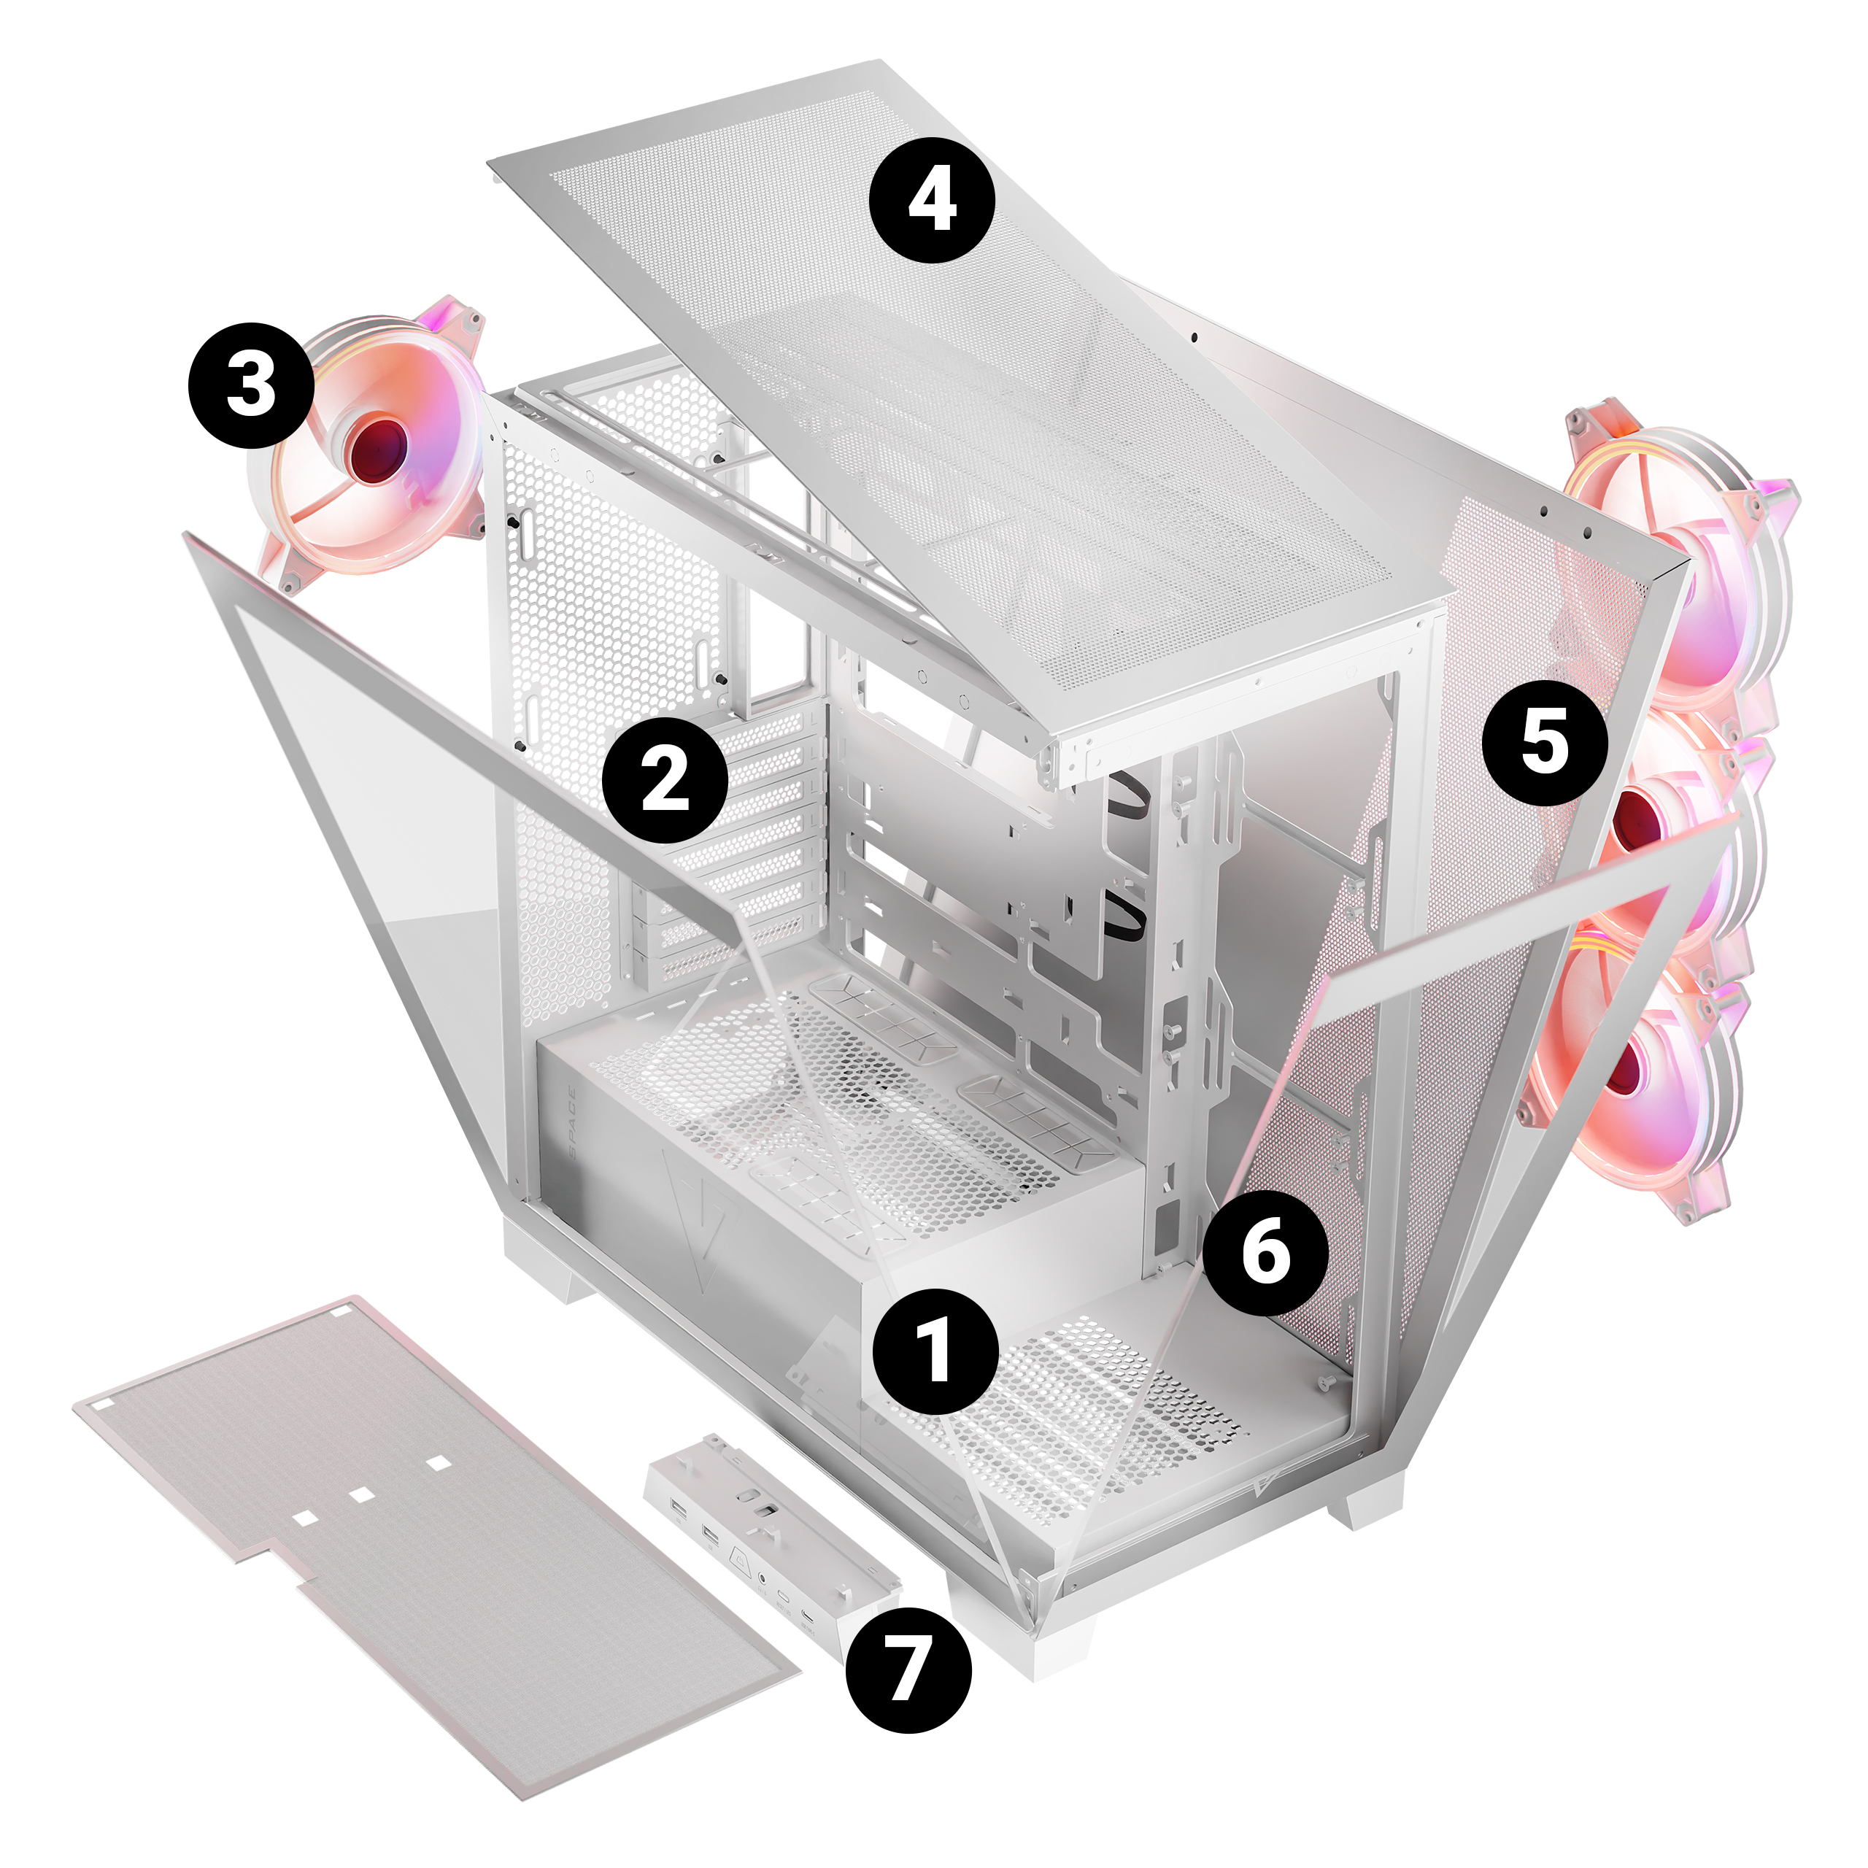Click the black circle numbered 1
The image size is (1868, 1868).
coord(935,1350)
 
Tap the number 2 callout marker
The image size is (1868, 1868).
coord(665,779)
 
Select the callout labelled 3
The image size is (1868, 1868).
coord(252,385)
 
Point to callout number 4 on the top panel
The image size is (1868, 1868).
coord(932,200)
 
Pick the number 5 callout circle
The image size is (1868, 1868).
coord(1545,743)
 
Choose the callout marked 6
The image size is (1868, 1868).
coord(1265,1253)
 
